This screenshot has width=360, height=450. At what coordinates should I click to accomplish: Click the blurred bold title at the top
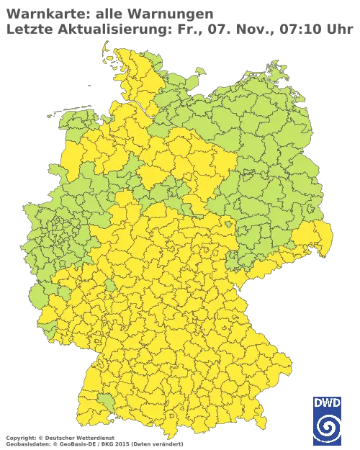tap(108, 19)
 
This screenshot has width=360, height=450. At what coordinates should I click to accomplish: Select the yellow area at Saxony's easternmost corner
tap(320, 238)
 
